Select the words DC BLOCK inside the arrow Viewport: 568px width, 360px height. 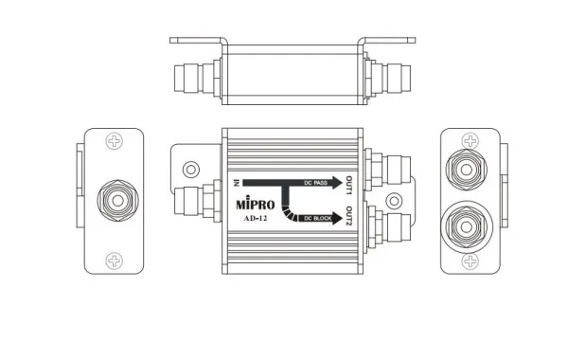click(x=312, y=218)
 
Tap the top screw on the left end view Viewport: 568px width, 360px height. click(x=115, y=142)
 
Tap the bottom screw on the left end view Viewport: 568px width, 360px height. click(x=115, y=258)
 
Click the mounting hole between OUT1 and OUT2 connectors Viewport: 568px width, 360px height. click(x=371, y=201)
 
